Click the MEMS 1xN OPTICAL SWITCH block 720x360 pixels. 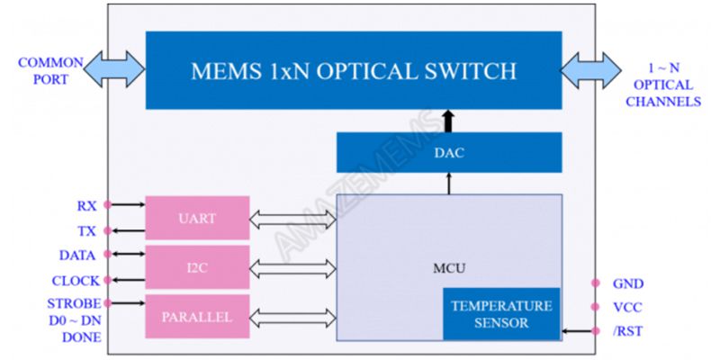[x=354, y=70]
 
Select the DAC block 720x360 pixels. [x=448, y=152]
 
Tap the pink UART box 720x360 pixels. [x=197, y=218]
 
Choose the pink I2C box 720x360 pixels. [x=197, y=267]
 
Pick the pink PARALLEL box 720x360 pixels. [x=197, y=317]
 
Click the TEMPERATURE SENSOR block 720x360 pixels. [x=501, y=314]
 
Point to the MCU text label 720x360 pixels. [x=447, y=268]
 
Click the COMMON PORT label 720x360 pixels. [x=49, y=71]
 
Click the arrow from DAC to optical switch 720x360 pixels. [x=448, y=121]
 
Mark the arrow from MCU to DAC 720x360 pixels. [x=448, y=183]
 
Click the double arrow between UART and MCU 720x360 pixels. [x=292, y=218]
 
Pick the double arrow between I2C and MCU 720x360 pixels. [x=292, y=267]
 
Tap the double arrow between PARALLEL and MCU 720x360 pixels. [x=292, y=317]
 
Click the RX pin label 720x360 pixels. [x=86, y=206]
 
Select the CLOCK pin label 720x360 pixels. [x=76, y=281]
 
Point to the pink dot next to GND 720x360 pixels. [x=595, y=283]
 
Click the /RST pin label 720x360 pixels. [x=627, y=331]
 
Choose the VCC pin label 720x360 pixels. [x=627, y=307]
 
